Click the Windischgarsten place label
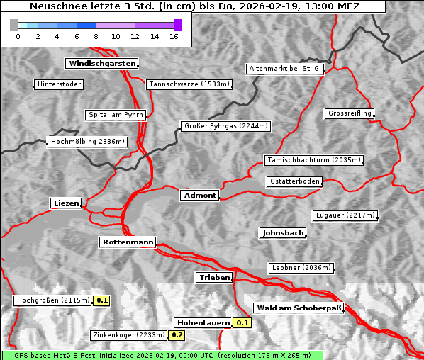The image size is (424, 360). pyautogui.click(x=101, y=64)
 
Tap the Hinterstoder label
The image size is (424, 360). pyautogui.click(x=59, y=85)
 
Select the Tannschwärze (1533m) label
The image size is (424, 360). pyautogui.click(x=189, y=85)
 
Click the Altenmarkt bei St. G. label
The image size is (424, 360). pyautogui.click(x=285, y=69)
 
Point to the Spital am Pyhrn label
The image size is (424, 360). pyautogui.click(x=116, y=115)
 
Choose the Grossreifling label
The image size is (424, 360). pyautogui.click(x=350, y=113)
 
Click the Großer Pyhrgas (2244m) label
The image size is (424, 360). pyautogui.click(x=225, y=127)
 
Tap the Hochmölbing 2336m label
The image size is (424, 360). pyautogui.click(x=87, y=142)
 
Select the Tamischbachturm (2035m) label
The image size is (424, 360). pyautogui.click(x=313, y=160)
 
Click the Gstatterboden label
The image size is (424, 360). pyautogui.click(x=294, y=181)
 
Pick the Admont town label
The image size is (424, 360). pyautogui.click(x=199, y=195)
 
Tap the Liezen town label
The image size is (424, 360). pyautogui.click(x=67, y=203)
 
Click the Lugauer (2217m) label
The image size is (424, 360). pyautogui.click(x=345, y=215)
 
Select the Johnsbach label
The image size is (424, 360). pyautogui.click(x=283, y=232)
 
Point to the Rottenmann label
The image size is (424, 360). pyautogui.click(x=127, y=242)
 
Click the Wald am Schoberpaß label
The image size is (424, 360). pyautogui.click(x=298, y=308)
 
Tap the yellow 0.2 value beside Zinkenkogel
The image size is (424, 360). pyautogui.click(x=177, y=335)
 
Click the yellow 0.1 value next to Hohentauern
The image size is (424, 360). pyautogui.click(x=243, y=323)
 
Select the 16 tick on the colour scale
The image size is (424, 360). pyautogui.click(x=174, y=36)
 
